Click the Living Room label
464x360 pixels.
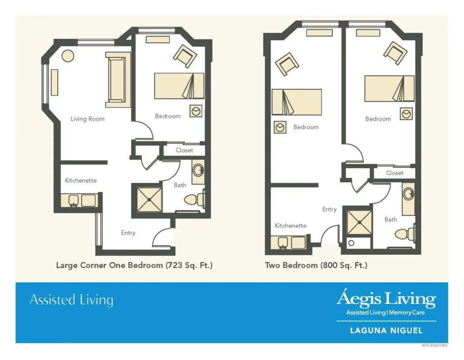tap(87, 119)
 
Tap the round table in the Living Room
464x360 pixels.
tap(68, 56)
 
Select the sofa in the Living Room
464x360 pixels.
tap(118, 80)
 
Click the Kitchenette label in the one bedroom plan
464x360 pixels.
tap(81, 180)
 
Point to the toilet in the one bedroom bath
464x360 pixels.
tap(194, 199)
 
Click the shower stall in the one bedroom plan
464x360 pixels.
tap(149, 200)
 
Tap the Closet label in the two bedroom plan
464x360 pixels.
tap(395, 173)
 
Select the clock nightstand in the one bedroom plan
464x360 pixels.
tap(196, 111)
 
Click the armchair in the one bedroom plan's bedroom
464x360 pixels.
tap(185, 56)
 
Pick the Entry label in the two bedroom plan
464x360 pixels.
tap(329, 209)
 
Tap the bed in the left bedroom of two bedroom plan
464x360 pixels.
tap(296, 102)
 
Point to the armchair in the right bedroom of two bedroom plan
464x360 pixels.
tap(395, 53)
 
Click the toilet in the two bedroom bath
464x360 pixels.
tap(405, 234)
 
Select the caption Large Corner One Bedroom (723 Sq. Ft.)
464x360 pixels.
tap(134, 265)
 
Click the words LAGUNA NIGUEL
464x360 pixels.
tap(387, 331)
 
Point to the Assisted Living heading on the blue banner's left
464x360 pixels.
tap(71, 300)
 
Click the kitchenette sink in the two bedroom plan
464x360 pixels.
tap(283, 243)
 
